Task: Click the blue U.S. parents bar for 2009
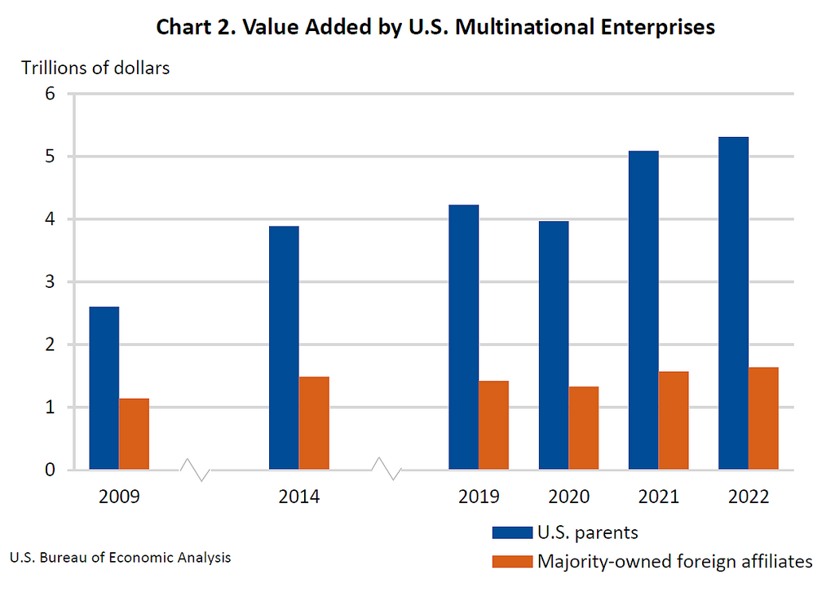(x=104, y=388)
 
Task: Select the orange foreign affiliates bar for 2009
(x=134, y=434)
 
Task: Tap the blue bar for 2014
(x=283, y=347)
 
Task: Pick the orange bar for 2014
(x=314, y=423)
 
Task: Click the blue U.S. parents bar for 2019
(x=463, y=337)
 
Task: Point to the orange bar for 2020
(x=583, y=428)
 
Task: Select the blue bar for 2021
(x=643, y=310)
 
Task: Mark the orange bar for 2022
(x=763, y=418)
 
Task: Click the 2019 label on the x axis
(x=479, y=497)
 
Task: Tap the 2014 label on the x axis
(x=298, y=497)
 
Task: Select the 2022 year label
(x=748, y=497)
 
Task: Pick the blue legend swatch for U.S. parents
(x=511, y=533)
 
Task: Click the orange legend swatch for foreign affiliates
(x=511, y=561)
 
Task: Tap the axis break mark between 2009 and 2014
(x=195, y=470)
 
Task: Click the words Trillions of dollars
(x=95, y=68)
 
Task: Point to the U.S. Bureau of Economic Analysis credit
(x=120, y=558)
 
